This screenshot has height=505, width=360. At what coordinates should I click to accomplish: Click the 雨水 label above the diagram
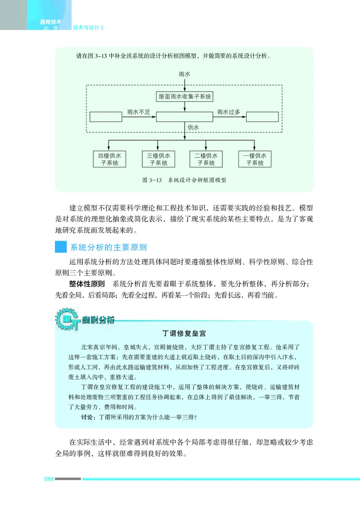[184, 73]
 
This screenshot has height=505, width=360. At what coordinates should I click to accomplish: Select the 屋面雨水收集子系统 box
[185, 97]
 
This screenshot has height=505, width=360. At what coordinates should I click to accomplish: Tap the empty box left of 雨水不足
[106, 117]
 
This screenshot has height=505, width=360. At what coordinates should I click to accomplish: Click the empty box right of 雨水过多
[262, 117]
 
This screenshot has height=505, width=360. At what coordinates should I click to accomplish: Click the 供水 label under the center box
[193, 128]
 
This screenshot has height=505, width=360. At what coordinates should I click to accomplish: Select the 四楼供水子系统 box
[109, 159]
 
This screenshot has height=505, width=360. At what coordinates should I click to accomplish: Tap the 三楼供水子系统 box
[158, 159]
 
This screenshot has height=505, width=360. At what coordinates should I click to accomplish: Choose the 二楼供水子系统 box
[206, 159]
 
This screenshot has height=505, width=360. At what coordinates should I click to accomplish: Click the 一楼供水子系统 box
[255, 159]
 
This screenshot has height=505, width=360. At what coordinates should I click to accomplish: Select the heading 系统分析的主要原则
[108, 247]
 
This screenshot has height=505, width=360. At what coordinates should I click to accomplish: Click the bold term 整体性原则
[87, 284]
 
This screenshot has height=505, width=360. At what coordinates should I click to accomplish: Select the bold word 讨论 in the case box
[87, 417]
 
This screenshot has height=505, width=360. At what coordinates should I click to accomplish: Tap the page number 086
[49, 478]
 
